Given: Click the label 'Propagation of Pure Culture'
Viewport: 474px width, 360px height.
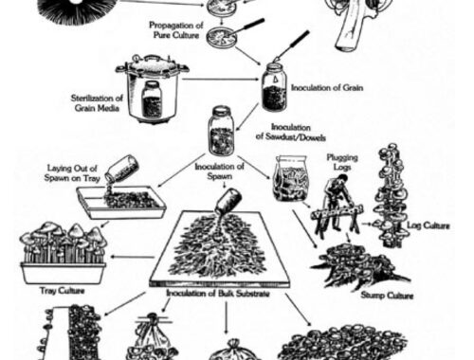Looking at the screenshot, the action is (x=176, y=30).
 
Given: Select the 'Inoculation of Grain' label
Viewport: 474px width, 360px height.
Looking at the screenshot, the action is (x=327, y=87).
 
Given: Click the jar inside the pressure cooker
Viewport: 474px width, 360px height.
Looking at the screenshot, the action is (x=152, y=99).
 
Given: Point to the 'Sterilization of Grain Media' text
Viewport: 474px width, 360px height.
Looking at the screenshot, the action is (x=97, y=103).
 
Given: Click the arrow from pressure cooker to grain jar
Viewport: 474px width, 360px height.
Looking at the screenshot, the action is (x=221, y=79).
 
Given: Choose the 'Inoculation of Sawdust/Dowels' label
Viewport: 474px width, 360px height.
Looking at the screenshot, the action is (x=291, y=132).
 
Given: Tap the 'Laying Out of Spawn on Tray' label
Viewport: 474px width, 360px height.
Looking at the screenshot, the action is (x=72, y=173).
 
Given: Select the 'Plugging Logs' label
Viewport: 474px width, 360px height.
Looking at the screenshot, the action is (x=342, y=162).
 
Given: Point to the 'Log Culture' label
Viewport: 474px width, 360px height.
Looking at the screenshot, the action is (x=428, y=225).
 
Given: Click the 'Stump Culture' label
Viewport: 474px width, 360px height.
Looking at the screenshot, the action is (x=387, y=296).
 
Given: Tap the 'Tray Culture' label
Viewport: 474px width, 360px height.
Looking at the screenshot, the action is (x=63, y=291).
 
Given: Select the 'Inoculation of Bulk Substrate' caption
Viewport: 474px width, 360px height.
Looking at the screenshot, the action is (x=218, y=294).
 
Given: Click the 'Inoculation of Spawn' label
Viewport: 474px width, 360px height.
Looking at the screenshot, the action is (x=219, y=171).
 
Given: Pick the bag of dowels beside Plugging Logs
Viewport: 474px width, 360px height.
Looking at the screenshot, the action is (x=290, y=178).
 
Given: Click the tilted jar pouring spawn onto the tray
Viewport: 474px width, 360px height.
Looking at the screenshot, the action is (x=122, y=169).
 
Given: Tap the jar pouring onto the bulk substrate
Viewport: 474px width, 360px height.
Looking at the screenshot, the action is (x=228, y=201).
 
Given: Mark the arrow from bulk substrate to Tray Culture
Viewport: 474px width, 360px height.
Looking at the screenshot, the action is (x=133, y=257).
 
